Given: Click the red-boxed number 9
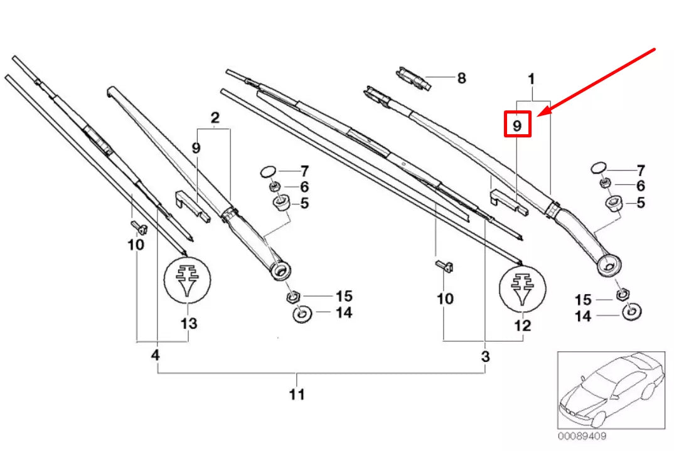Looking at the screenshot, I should (518, 125).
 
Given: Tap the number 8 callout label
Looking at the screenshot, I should (461, 78).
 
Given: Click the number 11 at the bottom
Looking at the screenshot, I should (297, 395).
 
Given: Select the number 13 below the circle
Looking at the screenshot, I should (188, 324).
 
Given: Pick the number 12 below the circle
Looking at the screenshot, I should (522, 326).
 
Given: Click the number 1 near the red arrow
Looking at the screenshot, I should (531, 80).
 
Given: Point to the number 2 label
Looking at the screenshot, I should (215, 117).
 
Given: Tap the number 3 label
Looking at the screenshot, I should (485, 357).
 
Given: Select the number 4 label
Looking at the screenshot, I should (155, 355).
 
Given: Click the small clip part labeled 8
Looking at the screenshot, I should (412, 78).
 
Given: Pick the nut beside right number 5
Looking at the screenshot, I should (612, 203).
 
